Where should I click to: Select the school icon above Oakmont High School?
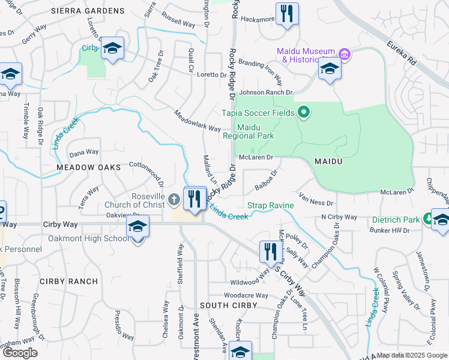(x=137, y=227)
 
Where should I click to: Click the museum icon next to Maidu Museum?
(x=345, y=55)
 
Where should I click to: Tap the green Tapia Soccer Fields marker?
(x=304, y=112)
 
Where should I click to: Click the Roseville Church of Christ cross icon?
(x=174, y=198)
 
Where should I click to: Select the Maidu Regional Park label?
(x=255, y=131)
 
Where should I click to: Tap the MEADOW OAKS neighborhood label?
(x=89, y=166)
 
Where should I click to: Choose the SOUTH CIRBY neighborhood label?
(x=228, y=306)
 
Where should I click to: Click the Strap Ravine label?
(x=271, y=206)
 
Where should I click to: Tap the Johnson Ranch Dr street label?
(x=265, y=92)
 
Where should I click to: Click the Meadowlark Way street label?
(x=197, y=121)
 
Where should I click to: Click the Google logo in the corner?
(x=20, y=353)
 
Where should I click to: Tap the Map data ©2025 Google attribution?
(x=412, y=355)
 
